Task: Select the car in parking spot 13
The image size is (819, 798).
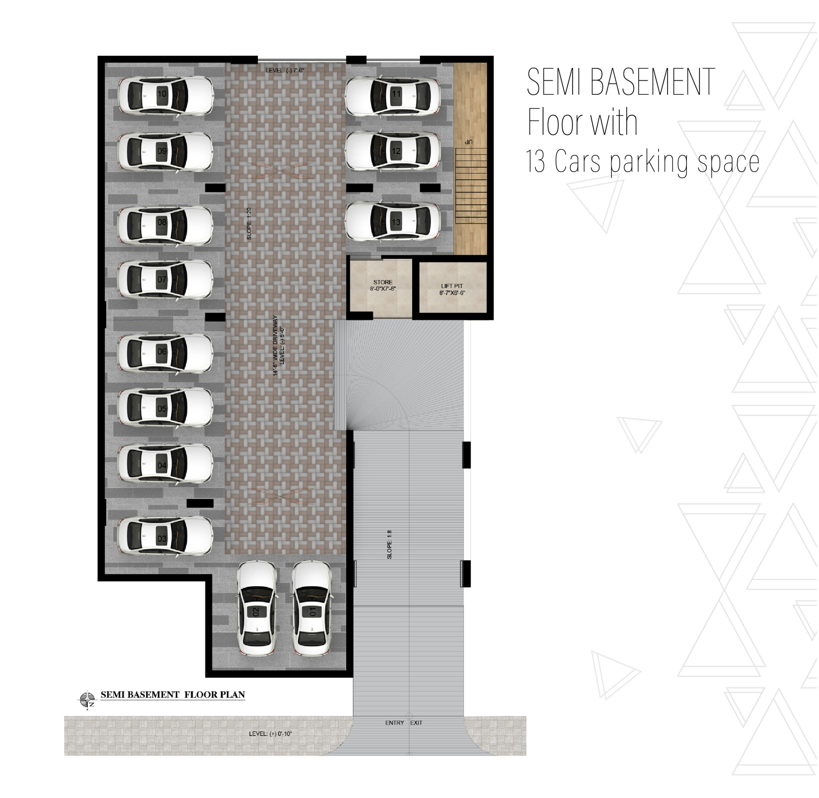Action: tap(393, 222)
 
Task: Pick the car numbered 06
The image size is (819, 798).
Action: tap(165, 353)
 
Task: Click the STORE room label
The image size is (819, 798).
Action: tap(383, 283)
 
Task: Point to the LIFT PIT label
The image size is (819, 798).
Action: tap(452, 286)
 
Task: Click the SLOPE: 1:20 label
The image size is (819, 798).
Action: tap(249, 224)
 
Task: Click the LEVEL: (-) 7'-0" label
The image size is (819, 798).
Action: tap(285, 70)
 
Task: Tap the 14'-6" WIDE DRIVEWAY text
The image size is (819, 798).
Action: tap(275, 345)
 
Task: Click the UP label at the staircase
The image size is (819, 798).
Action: tap(468, 142)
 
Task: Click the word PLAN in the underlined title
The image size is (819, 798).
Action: tap(233, 695)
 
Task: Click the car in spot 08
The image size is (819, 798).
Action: tap(165, 225)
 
